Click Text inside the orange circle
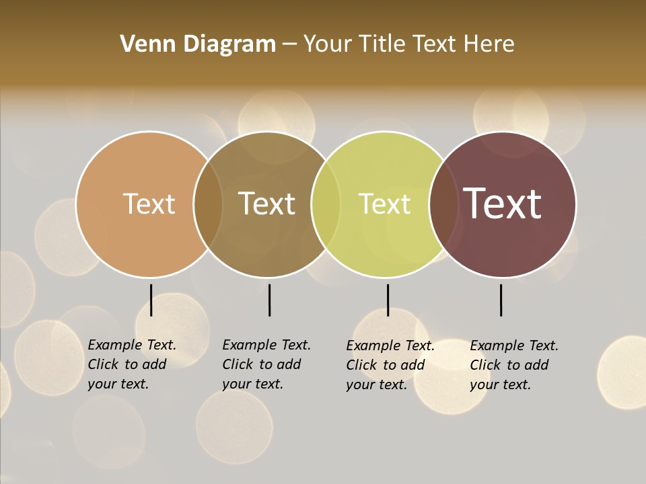coord(149,204)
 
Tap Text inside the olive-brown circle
coord(267,204)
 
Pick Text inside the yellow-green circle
coord(384,204)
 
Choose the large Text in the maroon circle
coord(503,203)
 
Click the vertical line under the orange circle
coord(151,300)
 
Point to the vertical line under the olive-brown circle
coord(269,300)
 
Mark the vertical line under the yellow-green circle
coord(388,300)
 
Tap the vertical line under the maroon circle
coord(501,300)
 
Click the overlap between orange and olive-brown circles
coord(208,204)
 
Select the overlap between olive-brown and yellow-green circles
coord(326,204)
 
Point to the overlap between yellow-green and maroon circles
coord(443,204)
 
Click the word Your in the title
coord(328,44)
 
